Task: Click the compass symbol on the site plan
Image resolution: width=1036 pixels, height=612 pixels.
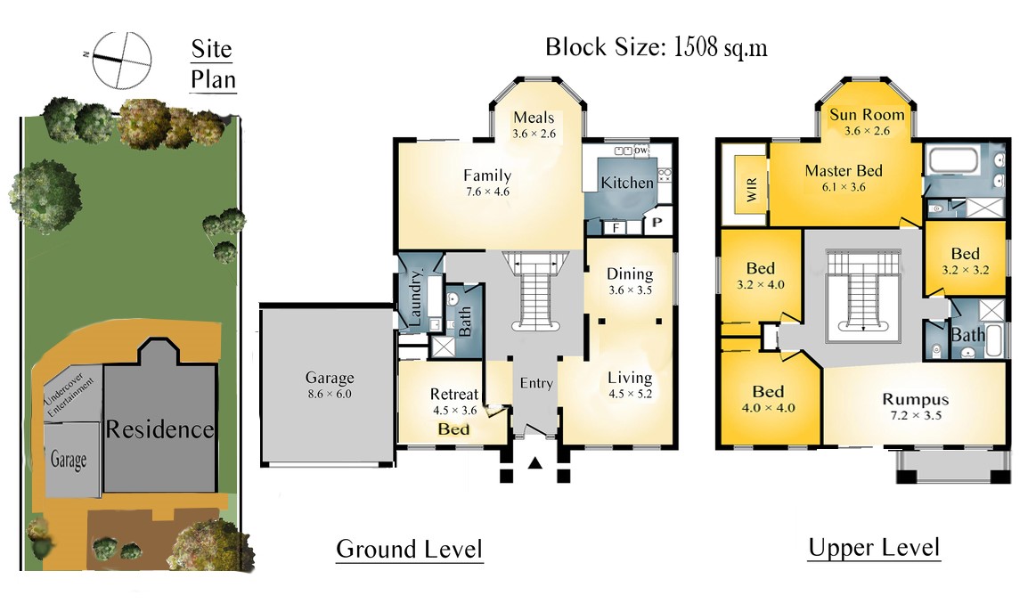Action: pyautogui.click(x=121, y=61)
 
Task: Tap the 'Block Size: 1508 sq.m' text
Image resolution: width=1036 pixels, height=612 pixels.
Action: pyautogui.click(x=657, y=47)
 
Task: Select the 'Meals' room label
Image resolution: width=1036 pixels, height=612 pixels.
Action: pyautogui.click(x=534, y=118)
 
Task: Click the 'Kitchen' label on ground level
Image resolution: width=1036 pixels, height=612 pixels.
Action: pyautogui.click(x=627, y=183)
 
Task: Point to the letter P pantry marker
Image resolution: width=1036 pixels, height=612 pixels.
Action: pyautogui.click(x=657, y=222)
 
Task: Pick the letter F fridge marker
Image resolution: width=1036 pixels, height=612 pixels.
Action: pyautogui.click(x=616, y=229)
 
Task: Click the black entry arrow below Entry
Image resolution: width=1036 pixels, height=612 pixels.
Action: pyautogui.click(x=535, y=463)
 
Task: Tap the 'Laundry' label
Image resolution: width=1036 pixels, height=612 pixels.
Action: pyautogui.click(x=416, y=298)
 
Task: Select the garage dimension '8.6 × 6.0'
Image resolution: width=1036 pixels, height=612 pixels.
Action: pyautogui.click(x=330, y=395)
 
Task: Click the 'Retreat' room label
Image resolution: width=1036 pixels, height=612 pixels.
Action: pyautogui.click(x=454, y=394)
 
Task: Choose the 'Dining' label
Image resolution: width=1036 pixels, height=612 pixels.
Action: pyautogui.click(x=630, y=273)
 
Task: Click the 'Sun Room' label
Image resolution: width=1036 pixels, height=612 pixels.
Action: pyautogui.click(x=867, y=115)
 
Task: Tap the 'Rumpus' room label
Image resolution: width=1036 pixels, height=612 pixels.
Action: pyautogui.click(x=915, y=399)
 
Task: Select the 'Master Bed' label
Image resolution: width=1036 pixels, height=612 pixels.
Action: pyautogui.click(x=844, y=170)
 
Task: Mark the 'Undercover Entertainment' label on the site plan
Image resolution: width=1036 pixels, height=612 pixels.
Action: pyautogui.click(x=69, y=395)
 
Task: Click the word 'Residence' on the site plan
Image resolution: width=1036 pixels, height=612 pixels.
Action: pyautogui.click(x=159, y=429)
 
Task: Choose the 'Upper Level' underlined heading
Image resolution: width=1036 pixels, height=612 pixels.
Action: pyautogui.click(x=874, y=548)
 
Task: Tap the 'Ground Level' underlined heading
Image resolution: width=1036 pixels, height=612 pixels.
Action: pyautogui.click(x=410, y=550)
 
